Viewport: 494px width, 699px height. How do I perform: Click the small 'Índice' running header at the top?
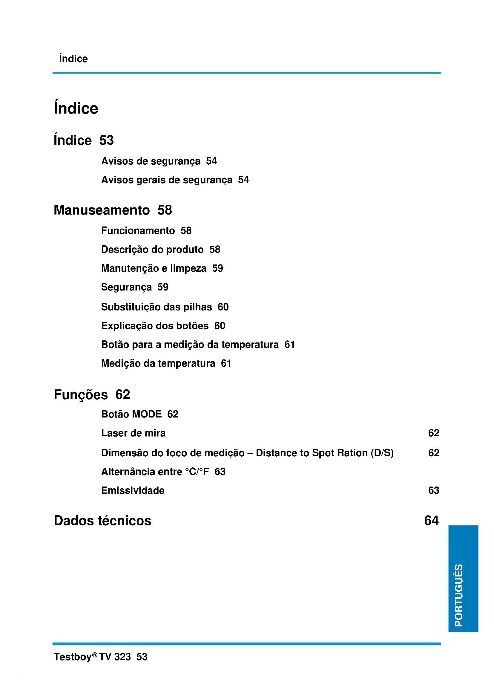(73, 59)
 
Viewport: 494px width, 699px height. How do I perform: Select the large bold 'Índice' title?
(76, 108)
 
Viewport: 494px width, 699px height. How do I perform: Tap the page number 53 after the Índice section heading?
(106, 140)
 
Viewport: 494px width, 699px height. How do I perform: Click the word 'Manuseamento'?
(102, 210)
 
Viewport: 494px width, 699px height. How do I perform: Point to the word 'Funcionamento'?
(138, 230)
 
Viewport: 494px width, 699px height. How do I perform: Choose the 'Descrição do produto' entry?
(152, 249)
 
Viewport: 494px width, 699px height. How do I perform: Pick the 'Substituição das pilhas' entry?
(156, 307)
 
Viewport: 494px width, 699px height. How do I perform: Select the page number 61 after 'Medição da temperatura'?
(226, 363)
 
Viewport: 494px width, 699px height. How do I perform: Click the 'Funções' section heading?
(81, 394)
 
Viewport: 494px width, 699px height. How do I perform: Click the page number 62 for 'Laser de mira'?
(433, 433)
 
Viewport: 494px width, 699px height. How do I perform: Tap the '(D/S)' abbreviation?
(382, 453)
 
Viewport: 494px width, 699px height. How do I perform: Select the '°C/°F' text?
(197, 472)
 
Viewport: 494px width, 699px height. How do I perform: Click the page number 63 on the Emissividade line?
(433, 490)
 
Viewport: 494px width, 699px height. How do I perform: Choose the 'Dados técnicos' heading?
(102, 521)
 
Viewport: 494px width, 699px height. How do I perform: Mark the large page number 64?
(431, 521)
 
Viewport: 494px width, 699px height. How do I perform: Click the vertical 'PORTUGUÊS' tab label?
(458, 595)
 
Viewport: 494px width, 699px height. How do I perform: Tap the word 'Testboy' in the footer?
(72, 657)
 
